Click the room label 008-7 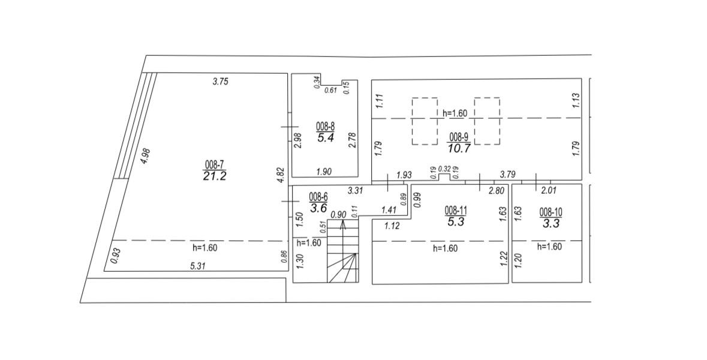coord(215,166)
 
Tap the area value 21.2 coord(215,176)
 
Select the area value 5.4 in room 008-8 coord(325,138)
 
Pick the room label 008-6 coord(318,197)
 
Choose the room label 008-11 coord(456,210)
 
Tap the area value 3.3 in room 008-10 coord(551,223)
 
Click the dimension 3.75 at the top coord(221,82)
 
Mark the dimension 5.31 coord(198,266)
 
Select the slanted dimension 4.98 coord(145,155)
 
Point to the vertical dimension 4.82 coord(280,175)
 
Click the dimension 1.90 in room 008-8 coord(324,171)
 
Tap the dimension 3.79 coord(507,174)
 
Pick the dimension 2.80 coord(496,191)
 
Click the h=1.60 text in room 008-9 coord(455,113)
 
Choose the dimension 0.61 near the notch coord(331,90)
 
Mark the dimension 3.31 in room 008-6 coord(356,191)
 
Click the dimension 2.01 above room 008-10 coord(548,191)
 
